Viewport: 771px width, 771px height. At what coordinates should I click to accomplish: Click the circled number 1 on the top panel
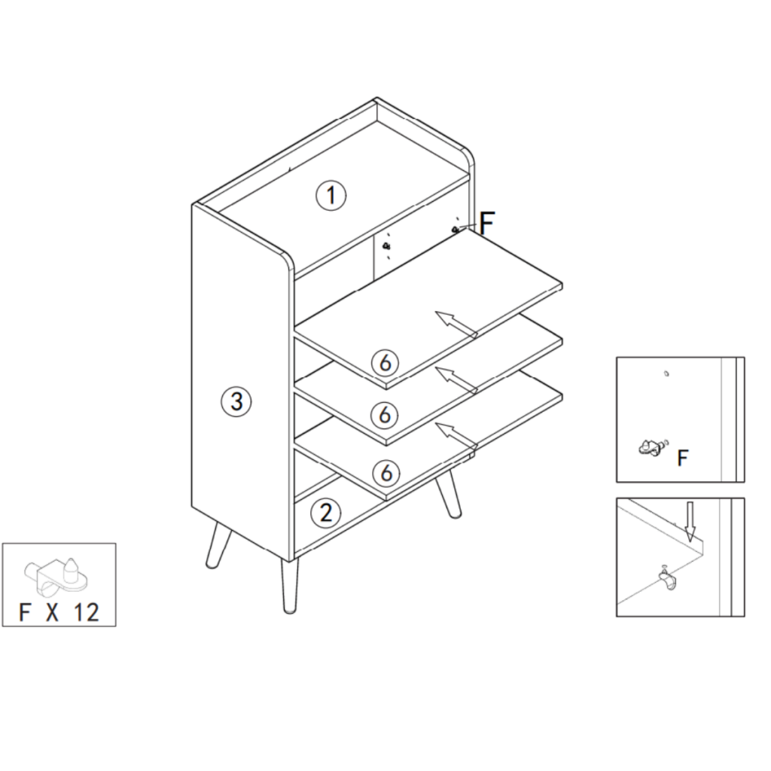tap(331, 196)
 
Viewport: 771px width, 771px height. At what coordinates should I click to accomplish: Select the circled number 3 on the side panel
tap(236, 401)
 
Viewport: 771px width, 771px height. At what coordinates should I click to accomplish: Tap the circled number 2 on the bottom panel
tap(325, 513)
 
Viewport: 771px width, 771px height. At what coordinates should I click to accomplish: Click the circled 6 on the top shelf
tap(385, 363)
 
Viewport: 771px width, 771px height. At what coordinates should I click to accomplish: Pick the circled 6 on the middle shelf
tap(385, 414)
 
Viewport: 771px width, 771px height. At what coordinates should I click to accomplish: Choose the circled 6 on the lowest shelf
tap(385, 473)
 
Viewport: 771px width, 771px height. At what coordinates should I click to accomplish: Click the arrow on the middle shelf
tap(456, 379)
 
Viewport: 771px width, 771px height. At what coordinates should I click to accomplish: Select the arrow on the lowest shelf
tap(456, 436)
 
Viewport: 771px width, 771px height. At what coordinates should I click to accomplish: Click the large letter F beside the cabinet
tap(487, 223)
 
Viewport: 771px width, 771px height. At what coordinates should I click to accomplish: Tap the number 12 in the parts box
tap(87, 611)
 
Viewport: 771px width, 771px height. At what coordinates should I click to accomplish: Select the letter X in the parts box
tap(52, 611)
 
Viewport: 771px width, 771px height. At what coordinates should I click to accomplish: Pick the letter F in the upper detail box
tap(683, 457)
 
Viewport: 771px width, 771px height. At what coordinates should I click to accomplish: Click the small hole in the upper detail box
tap(666, 373)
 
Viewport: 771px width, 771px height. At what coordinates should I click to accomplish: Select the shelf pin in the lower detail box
tap(665, 581)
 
